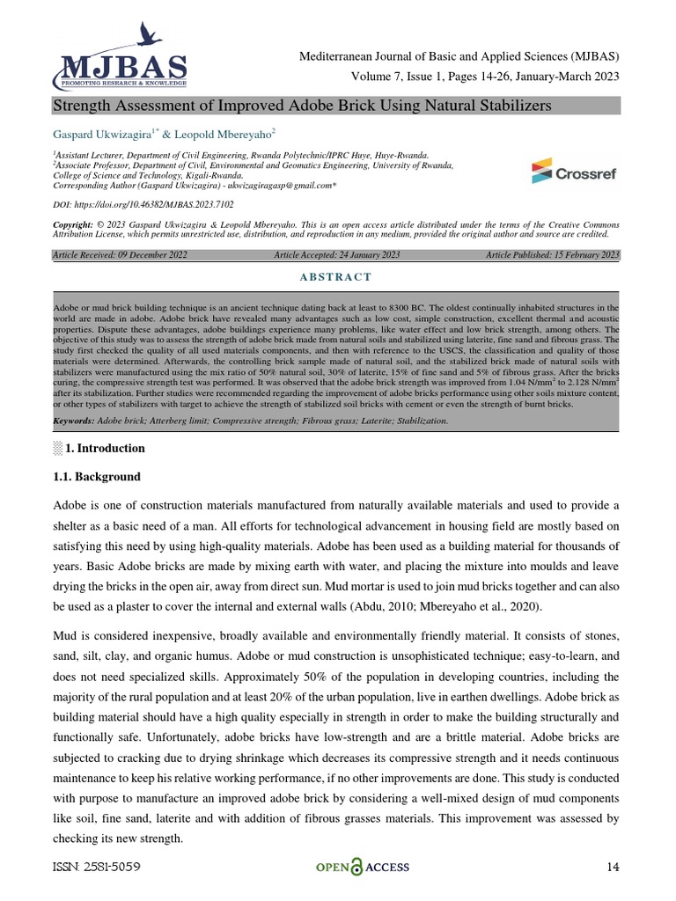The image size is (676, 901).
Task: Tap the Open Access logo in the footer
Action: [363, 867]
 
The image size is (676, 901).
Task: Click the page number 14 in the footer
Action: [614, 868]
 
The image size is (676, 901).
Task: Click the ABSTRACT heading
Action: [337, 277]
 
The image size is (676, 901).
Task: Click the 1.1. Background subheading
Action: [97, 476]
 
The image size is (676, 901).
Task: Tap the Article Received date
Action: [121, 255]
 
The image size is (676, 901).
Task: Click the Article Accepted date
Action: [337, 255]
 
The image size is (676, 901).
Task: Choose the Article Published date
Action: [552, 255]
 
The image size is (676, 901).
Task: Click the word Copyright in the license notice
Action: [75, 226]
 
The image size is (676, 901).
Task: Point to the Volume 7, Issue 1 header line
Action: [485, 77]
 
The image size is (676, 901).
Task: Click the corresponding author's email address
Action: [282, 186]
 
